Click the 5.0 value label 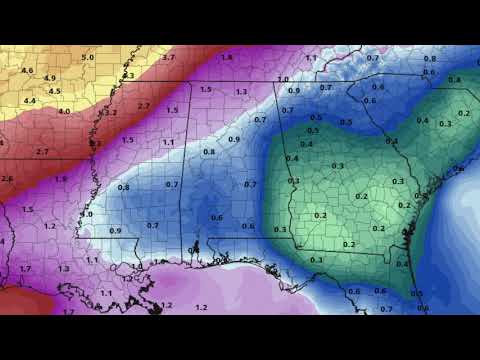click(87, 58)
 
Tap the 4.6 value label click(27, 70)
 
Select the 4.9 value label click(49, 78)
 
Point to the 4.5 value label click(55, 91)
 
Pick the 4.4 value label click(30, 100)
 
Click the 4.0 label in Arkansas click(65, 111)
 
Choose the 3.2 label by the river click(110, 112)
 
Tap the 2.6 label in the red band click(7, 179)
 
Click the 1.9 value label click(61, 179)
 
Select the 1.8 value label click(226, 58)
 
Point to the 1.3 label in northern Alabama click(241, 92)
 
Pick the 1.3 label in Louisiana click(63, 269)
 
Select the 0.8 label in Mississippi click(123, 187)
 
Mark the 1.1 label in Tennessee click(310, 58)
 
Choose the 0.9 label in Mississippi click(115, 231)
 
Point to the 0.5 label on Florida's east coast click(417, 294)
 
